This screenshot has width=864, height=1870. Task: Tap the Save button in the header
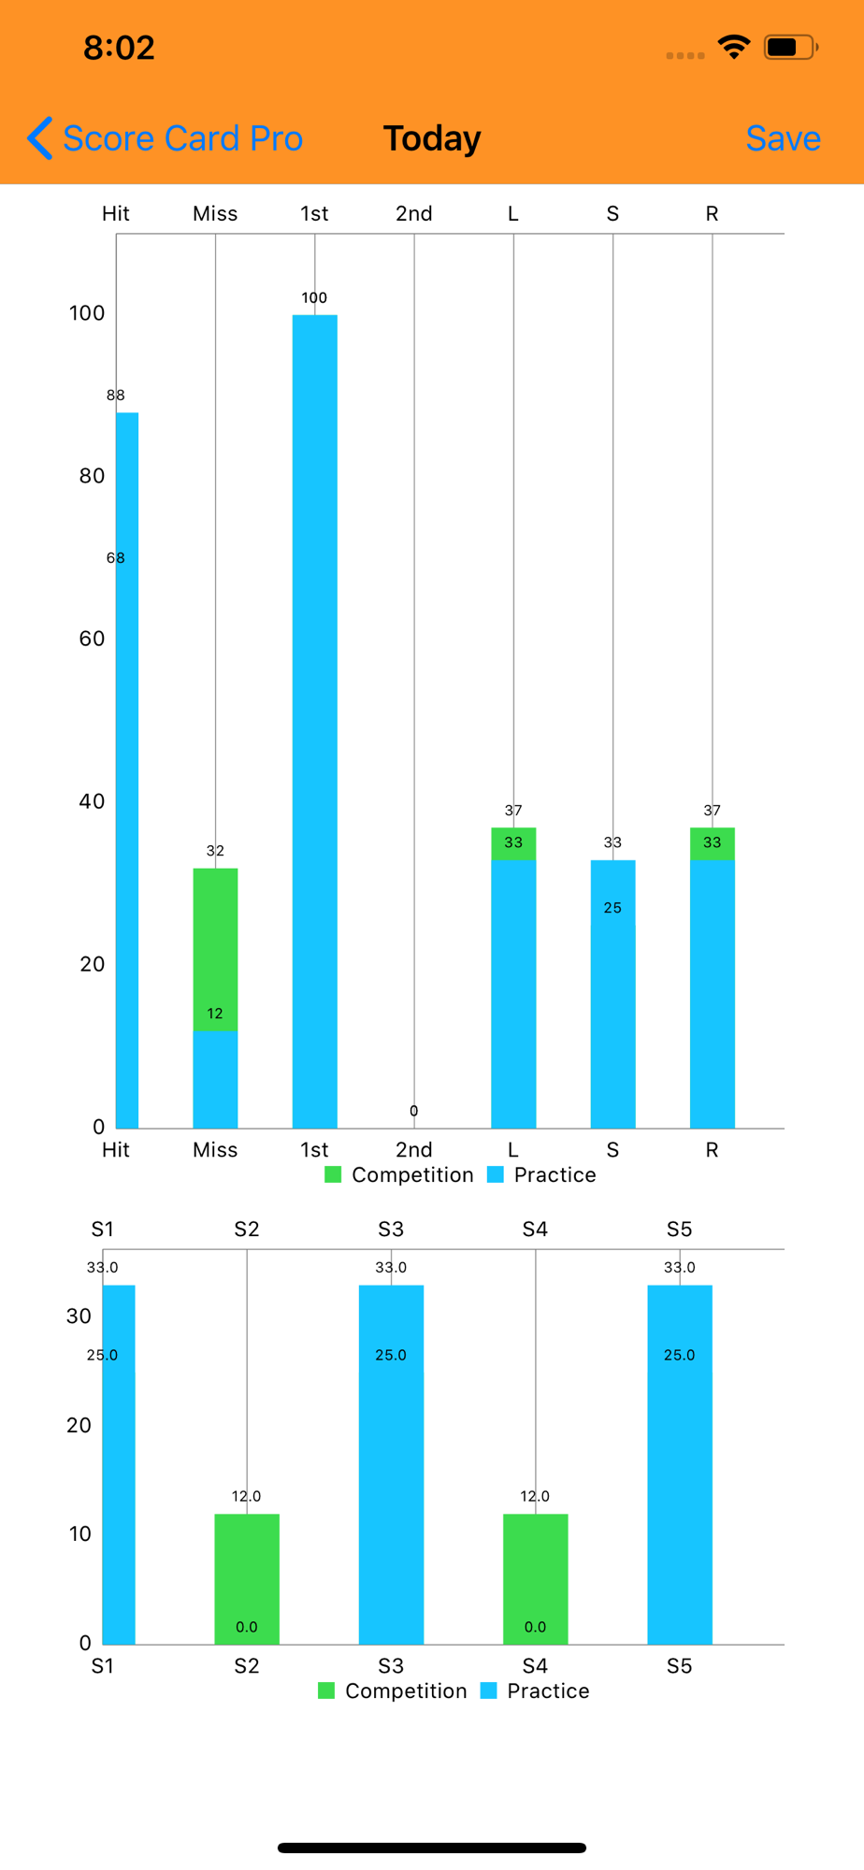(x=783, y=138)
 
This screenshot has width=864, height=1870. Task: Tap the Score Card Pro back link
(x=166, y=138)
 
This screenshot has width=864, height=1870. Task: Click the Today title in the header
(x=432, y=138)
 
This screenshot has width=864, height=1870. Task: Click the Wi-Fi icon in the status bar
(x=734, y=47)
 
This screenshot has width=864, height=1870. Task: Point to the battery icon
(x=790, y=47)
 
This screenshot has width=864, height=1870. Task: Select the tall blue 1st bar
(x=315, y=720)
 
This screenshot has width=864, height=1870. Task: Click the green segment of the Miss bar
(x=215, y=949)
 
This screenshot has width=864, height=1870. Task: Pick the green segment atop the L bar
(x=513, y=843)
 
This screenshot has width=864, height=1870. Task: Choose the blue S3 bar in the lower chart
(x=391, y=1464)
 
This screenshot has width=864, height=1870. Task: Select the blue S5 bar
(x=680, y=1464)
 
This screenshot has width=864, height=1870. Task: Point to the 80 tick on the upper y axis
(x=92, y=476)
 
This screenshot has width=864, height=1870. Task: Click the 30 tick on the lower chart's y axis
(x=79, y=1316)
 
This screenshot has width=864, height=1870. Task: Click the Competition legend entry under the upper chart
(x=399, y=1174)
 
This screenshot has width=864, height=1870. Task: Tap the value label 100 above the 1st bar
(x=314, y=298)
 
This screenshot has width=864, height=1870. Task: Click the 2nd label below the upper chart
(x=413, y=1149)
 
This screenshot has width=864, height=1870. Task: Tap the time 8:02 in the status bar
(x=119, y=48)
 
